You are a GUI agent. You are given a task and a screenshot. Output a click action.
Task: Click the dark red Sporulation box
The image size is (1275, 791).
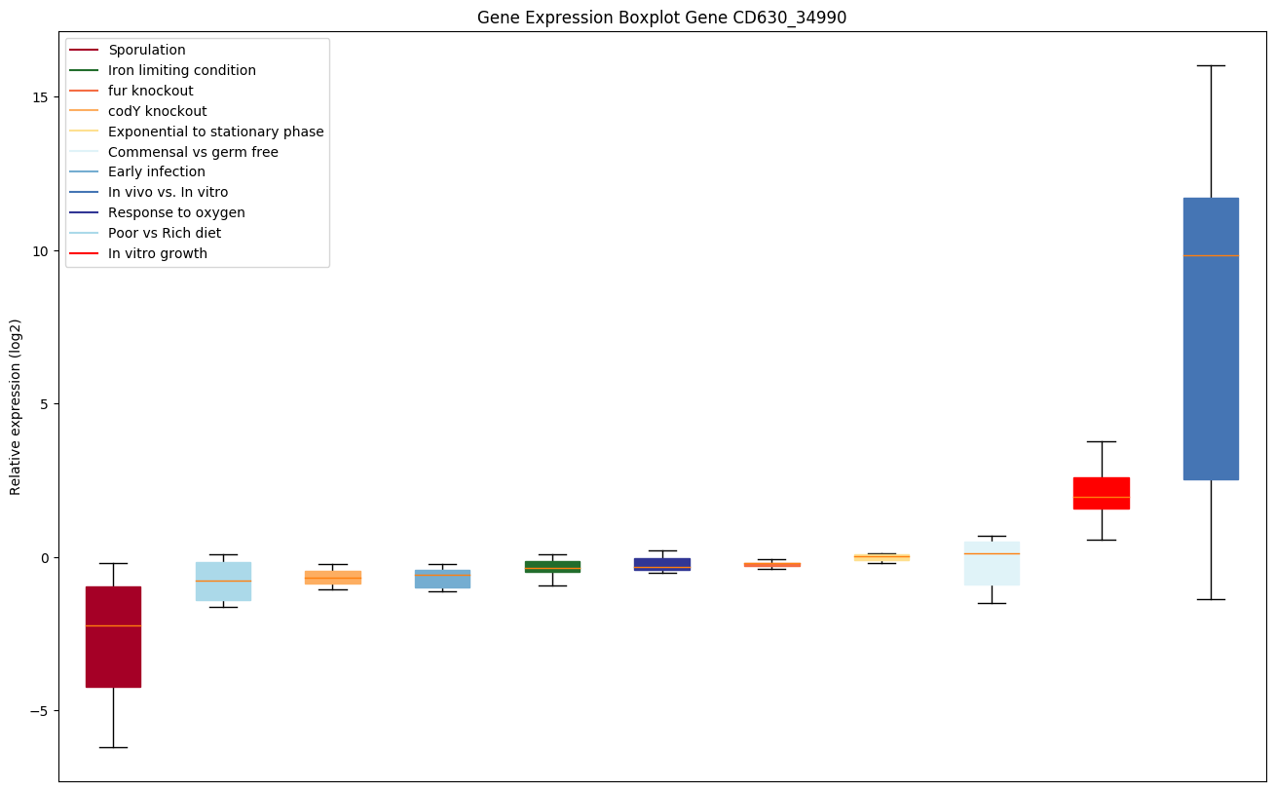113,637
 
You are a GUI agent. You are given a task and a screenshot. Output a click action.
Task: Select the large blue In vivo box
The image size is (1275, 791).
1211,338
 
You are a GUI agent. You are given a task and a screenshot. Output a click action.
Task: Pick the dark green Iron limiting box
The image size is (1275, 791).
552,567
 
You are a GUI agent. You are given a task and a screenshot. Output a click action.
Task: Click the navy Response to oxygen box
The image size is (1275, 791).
662,564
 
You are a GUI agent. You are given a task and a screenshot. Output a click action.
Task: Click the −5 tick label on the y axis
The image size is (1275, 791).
38,711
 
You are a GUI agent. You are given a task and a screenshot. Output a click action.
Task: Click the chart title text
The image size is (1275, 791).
655,18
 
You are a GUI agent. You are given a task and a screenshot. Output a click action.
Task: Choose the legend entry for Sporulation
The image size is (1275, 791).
147,50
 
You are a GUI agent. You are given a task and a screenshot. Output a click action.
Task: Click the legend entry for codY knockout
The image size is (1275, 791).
157,111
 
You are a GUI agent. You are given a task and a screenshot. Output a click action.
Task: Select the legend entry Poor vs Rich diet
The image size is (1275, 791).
165,233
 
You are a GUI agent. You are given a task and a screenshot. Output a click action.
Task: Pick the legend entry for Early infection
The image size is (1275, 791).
157,172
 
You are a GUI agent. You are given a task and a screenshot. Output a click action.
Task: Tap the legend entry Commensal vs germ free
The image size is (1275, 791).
193,152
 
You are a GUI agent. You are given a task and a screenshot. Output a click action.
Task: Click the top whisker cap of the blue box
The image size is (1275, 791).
1211,65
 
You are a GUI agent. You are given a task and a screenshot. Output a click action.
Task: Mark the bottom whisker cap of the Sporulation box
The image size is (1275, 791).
113,747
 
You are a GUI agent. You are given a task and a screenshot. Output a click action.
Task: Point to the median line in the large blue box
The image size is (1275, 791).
1211,255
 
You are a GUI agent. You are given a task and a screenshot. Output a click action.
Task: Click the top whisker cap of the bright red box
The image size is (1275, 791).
1101,441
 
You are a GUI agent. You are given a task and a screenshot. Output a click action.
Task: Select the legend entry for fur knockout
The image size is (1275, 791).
151,91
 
